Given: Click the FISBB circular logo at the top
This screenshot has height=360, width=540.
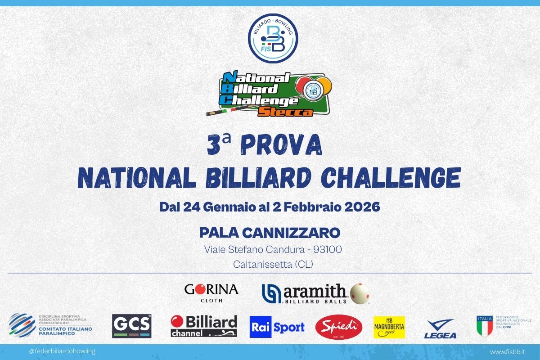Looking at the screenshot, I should tap(273, 37).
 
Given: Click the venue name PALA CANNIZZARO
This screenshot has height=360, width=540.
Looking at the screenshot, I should tap(270, 233).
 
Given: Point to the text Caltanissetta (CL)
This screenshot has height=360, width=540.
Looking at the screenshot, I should tap(273, 265).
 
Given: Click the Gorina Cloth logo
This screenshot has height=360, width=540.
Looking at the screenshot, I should tap(211, 292).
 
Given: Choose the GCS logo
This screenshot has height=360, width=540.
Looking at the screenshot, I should tap(131, 326).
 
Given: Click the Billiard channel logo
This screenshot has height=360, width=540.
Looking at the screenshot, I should tap(204, 326).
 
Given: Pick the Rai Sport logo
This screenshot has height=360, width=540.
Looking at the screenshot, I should tap(277, 327).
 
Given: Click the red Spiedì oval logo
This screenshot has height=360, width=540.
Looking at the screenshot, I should tap(339, 327).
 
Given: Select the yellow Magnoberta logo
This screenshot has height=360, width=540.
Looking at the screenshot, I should tap(389, 327).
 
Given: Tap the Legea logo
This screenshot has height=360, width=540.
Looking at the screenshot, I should tap(440, 328).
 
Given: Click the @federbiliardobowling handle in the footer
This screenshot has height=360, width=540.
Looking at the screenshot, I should tap(62, 351).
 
